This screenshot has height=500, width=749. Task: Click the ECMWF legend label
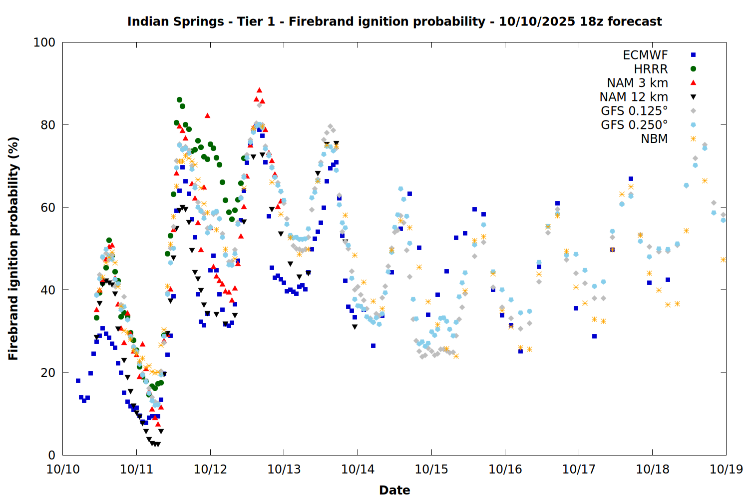(645, 55)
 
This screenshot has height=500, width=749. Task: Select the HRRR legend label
(651, 69)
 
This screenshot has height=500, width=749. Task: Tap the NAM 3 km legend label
(637, 83)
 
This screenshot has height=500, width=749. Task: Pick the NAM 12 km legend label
(634, 97)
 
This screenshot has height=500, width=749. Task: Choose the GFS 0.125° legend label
(634, 111)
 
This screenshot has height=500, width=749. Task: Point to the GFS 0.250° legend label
(634, 125)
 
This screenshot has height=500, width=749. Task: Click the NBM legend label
(654, 139)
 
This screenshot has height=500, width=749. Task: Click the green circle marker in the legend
(693, 69)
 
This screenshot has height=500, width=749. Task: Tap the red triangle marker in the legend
(693, 82)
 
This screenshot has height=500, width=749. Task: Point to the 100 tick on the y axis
(44, 42)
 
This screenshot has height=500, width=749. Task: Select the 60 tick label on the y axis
(48, 207)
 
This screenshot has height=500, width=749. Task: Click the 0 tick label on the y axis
(51, 455)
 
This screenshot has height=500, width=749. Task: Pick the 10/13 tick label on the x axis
(284, 469)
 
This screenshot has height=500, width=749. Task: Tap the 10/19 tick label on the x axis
(726, 469)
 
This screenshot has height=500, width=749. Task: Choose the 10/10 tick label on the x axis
(63, 469)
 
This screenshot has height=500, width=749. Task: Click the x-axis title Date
(394, 490)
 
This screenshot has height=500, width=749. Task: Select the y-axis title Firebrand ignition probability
(13, 248)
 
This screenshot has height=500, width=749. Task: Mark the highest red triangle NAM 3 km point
(259, 90)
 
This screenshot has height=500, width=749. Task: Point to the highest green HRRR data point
(179, 100)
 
